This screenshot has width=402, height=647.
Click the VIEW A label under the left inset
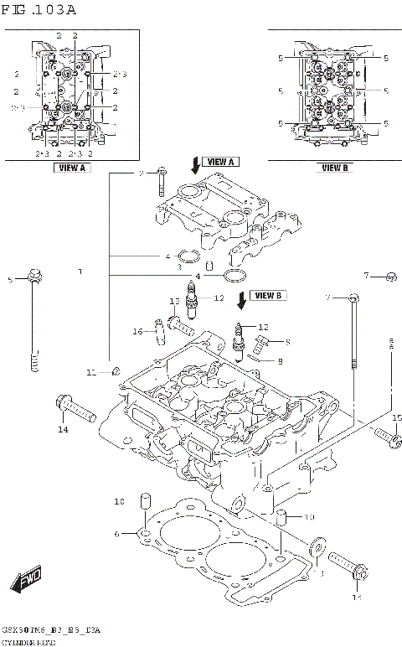coord(71,168)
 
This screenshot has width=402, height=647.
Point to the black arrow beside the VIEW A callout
coord(195,164)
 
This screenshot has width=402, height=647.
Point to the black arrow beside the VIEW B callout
coord(243,298)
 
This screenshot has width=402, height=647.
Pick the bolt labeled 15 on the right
coord(384,435)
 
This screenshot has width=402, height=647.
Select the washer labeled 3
coord(317,546)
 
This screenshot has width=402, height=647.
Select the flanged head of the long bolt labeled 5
coord(33,274)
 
